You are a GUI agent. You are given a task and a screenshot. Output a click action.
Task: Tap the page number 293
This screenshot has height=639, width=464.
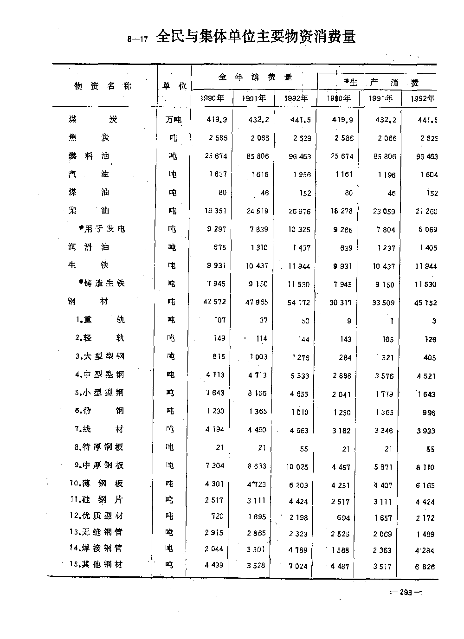click(x=406, y=592)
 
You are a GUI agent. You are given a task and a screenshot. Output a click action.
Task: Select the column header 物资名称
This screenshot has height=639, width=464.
click(x=103, y=86)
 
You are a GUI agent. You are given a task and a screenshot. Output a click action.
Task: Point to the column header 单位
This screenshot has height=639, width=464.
click(x=174, y=86)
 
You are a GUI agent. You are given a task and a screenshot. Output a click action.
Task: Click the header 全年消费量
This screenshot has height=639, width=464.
click(x=255, y=77)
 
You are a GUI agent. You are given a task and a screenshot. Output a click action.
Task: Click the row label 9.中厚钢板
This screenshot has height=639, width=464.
click(x=99, y=465)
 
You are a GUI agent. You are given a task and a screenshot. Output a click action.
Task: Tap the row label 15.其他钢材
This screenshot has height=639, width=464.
click(x=96, y=565)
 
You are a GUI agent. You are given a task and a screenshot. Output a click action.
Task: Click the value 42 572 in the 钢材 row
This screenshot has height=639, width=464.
click(x=214, y=302)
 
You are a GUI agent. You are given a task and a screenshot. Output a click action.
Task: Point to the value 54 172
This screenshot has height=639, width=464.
click(x=299, y=303)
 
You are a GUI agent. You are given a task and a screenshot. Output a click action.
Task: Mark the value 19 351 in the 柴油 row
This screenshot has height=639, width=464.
click(x=215, y=211)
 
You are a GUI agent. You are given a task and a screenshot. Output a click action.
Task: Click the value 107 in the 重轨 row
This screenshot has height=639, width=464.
click(x=219, y=320)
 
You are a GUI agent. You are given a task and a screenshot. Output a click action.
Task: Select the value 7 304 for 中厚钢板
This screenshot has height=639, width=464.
click(x=215, y=465)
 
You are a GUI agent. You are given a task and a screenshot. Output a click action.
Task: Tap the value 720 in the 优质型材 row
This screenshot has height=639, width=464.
click(x=217, y=516)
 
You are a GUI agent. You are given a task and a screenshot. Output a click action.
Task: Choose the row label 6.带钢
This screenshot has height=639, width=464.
click(x=99, y=411)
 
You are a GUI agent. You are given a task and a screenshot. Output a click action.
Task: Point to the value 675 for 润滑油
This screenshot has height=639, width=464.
click(x=219, y=247)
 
